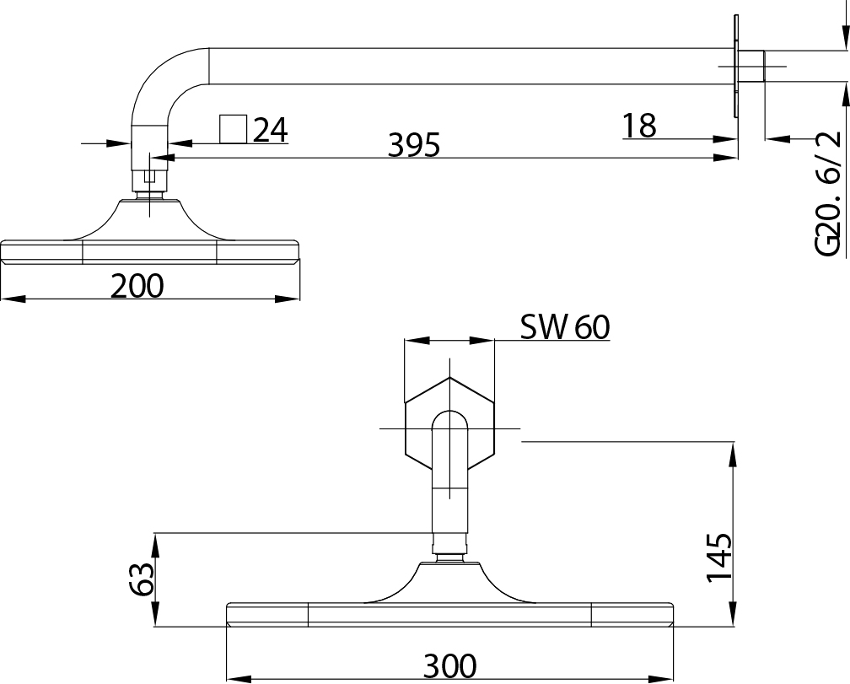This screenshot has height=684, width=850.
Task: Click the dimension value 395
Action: pos(413,145)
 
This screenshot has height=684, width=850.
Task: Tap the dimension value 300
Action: pos(449,666)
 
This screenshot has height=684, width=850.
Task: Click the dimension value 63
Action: pos(143,580)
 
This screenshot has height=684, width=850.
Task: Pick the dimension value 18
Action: pos(639,126)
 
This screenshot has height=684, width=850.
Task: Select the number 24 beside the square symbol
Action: pos(271,130)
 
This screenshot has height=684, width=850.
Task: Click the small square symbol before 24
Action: pos(233,129)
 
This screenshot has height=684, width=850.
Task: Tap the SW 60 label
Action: pos(564,327)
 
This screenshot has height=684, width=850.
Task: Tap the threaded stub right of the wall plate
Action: pos(752,67)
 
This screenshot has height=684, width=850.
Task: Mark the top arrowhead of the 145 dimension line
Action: pos(733,451)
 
